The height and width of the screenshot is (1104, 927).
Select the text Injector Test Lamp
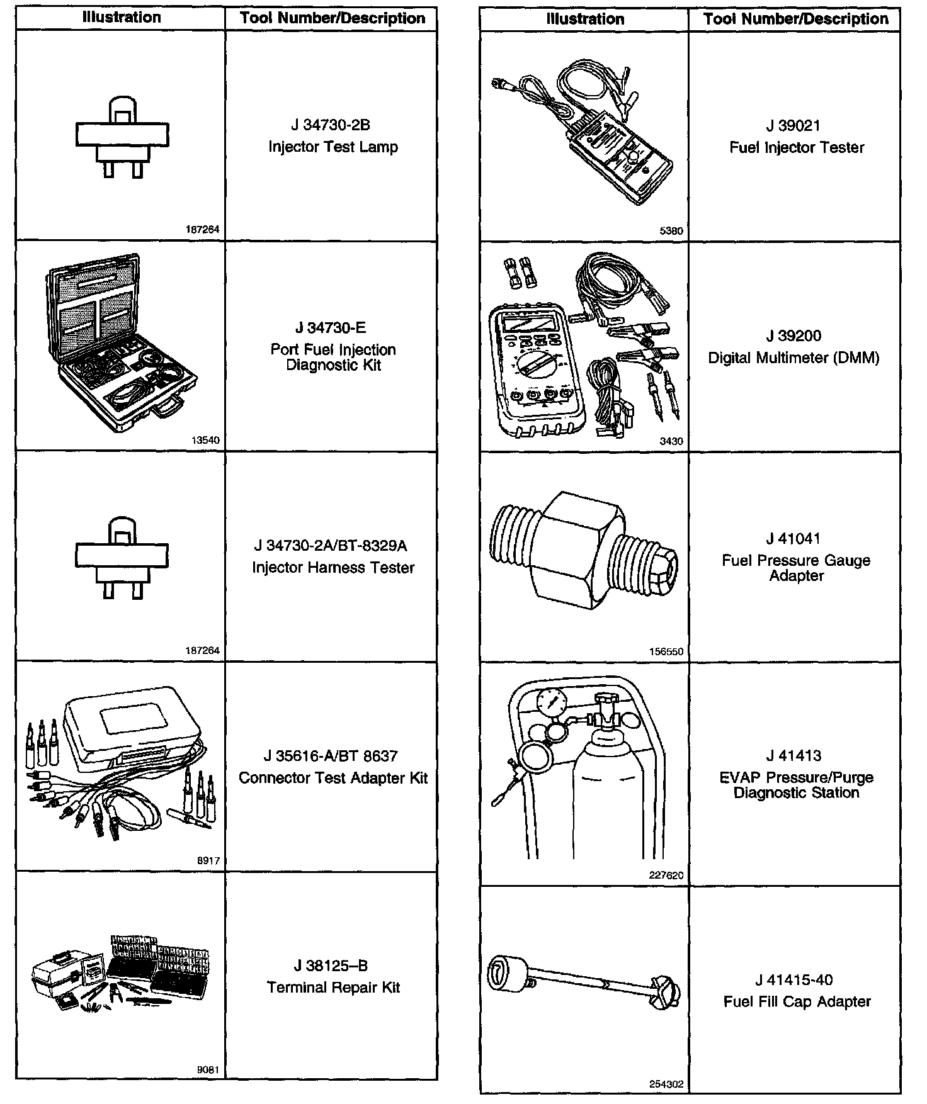pos(333,147)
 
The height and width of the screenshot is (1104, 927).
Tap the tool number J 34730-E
pos(331,328)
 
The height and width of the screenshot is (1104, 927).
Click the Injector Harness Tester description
pos(333,568)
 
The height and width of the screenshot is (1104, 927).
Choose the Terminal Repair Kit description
pos(333,988)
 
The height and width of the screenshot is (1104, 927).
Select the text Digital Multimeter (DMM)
pos(793,358)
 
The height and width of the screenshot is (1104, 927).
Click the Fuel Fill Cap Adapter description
pos(797,1001)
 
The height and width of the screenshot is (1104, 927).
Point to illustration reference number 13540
pos(206,441)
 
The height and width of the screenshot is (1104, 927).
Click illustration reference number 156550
pos(666,652)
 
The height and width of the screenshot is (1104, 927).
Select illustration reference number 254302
pos(666,1084)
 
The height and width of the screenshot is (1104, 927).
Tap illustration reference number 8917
pos(208,860)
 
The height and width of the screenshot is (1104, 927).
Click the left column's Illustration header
pos(121,18)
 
